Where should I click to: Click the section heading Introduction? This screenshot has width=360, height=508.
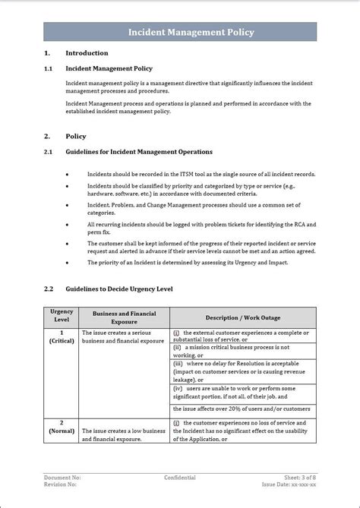tap(87, 53)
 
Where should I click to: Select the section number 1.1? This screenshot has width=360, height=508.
tap(48, 68)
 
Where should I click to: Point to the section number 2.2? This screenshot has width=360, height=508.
tap(48, 289)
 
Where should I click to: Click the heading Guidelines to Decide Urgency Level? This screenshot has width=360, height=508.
tap(119, 289)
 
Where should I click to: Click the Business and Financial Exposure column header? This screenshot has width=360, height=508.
tap(125, 317)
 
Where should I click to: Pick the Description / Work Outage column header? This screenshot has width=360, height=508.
tap(242, 317)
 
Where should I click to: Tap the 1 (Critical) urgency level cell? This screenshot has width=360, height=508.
tap(62, 337)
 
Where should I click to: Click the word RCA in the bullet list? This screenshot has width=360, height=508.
tap(292, 225)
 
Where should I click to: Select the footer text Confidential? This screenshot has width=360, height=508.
tap(180, 478)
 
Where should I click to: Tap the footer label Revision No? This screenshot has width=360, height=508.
tap(61, 484)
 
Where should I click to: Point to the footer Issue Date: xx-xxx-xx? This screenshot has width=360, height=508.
tap(289, 484)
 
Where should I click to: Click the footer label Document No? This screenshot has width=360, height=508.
tap(62, 478)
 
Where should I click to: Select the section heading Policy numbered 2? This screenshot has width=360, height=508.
tap(76, 137)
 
